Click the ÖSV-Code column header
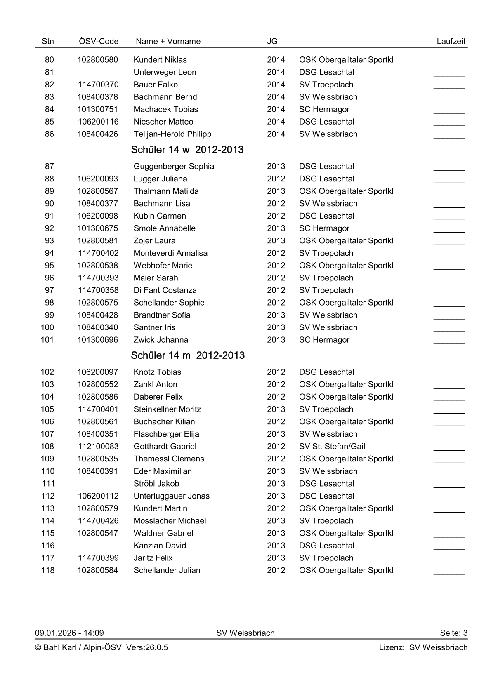pos(98,41)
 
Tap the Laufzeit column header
pos(451,41)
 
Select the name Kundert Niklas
pos(160,60)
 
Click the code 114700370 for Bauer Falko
pos(98,85)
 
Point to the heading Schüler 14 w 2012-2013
pos(187,150)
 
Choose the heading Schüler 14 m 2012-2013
pos(188,355)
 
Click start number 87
pos(50,167)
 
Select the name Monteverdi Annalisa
pos(170,253)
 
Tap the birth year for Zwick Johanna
pos(276,340)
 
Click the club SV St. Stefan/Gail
pos(332,446)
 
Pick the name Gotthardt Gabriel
pos(165,446)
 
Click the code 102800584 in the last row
pos(98,570)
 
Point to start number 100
pos(47,327)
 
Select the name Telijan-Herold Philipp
pos(172,134)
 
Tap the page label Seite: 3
pos(453,633)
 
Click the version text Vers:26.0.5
pos(147,647)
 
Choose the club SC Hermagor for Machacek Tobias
pos(324,109)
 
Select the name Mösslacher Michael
pos(170,521)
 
